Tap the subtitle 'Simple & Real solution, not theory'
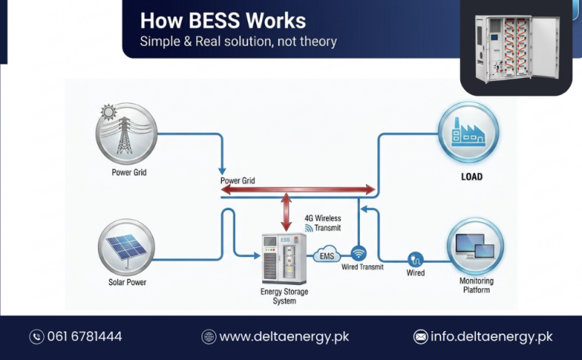[x=238, y=42]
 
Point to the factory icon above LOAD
[x=468, y=132]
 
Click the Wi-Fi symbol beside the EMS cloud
[x=358, y=253]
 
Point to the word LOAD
[x=471, y=177]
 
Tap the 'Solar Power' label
[x=127, y=283]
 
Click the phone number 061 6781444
[x=85, y=337]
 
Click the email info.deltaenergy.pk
[x=493, y=337]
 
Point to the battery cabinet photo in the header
[x=515, y=48]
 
